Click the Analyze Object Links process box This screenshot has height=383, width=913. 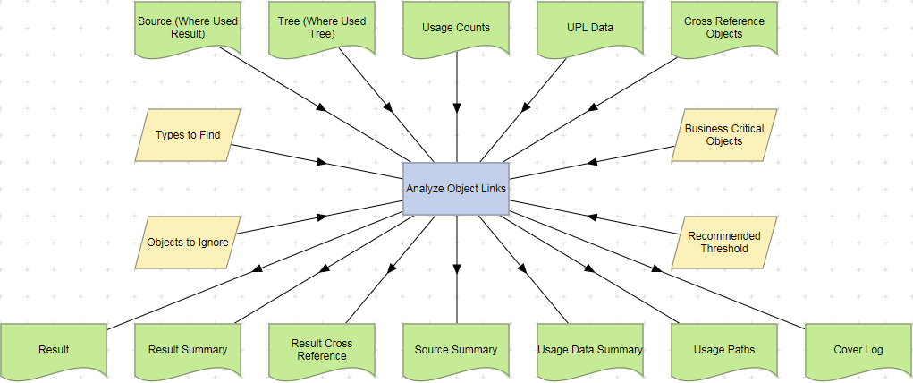(x=456, y=189)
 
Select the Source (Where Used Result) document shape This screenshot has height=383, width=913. (x=188, y=28)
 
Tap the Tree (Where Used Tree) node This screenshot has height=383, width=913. (x=322, y=28)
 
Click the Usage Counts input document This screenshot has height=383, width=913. (x=456, y=28)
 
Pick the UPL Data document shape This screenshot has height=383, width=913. (x=590, y=28)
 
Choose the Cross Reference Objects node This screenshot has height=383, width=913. (x=724, y=28)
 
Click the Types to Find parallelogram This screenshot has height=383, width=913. (x=188, y=135)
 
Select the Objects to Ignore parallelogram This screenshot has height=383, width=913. (x=188, y=243)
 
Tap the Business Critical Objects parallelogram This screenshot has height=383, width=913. (x=724, y=135)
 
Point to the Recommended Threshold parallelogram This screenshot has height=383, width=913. (x=724, y=243)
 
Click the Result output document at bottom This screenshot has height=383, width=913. (x=54, y=350)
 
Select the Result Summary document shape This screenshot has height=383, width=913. (x=188, y=350)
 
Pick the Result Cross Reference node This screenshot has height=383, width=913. (x=322, y=350)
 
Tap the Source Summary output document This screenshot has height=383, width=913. (x=456, y=350)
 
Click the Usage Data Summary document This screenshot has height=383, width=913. (x=590, y=350)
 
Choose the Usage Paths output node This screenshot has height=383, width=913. (x=724, y=350)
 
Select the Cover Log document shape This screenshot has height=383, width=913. (x=858, y=350)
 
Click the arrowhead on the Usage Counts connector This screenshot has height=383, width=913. (x=456, y=107)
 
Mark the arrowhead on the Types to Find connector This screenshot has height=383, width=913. (x=321, y=162)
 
